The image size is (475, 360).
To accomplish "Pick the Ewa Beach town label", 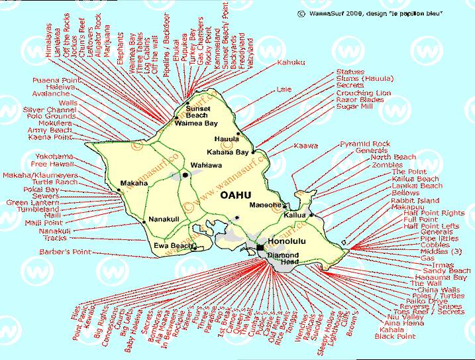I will pyautogui.click(x=173, y=245).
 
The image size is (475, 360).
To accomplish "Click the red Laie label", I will pyautogui.click(x=285, y=88).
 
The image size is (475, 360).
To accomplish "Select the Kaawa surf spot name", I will pyautogui.click(x=305, y=145).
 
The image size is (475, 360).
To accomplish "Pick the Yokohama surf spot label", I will pyautogui.click(x=54, y=156).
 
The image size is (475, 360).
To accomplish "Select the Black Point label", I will pyautogui.click(x=395, y=337).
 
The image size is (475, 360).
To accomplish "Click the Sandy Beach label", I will pyautogui.click(x=447, y=270).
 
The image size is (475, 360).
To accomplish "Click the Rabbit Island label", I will pyautogui.click(x=415, y=200).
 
